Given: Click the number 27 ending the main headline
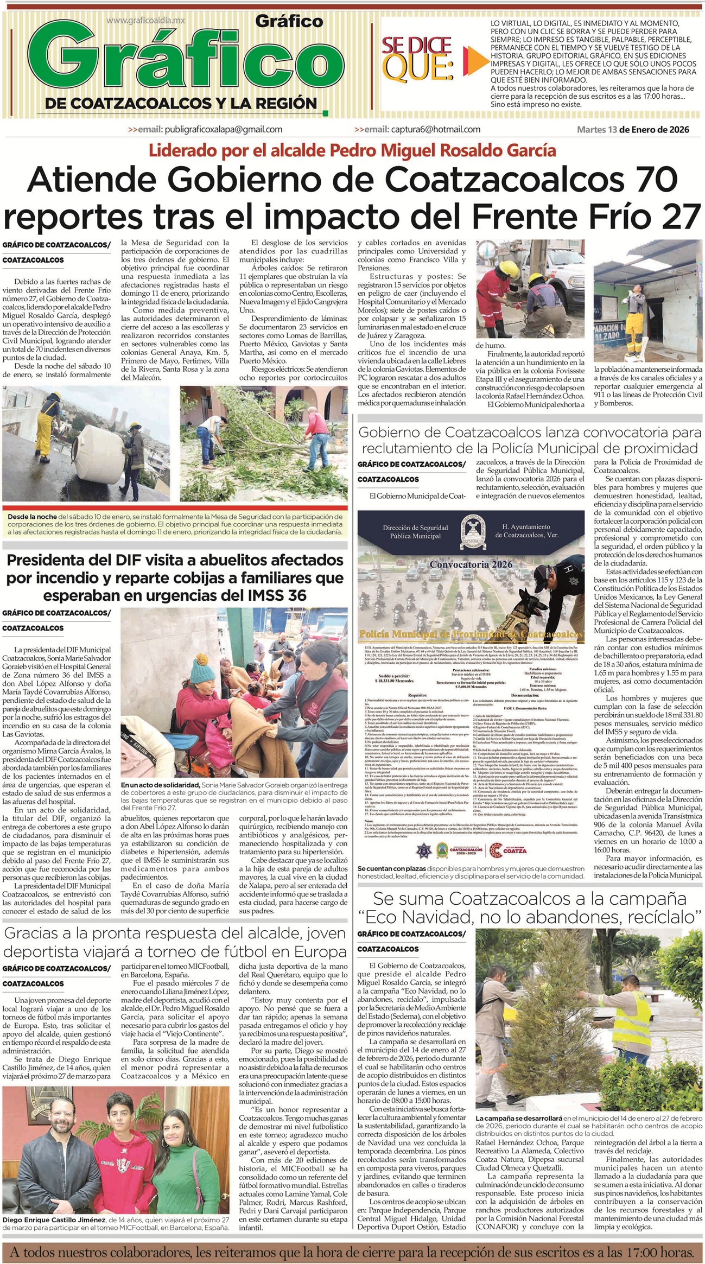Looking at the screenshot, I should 682,216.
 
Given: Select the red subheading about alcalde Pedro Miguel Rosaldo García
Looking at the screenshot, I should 353,149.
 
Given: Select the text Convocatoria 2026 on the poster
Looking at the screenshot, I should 471,564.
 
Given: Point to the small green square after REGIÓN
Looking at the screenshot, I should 325,113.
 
